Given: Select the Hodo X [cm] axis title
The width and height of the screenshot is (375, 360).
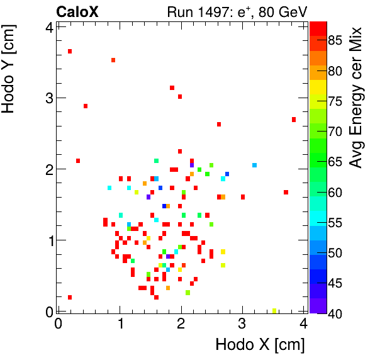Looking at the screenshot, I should pyautogui.click(x=260, y=345).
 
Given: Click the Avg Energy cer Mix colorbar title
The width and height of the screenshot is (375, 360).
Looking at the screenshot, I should pyautogui.click(x=357, y=98).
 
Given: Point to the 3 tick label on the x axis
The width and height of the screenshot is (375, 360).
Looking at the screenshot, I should pyautogui.click(x=243, y=324).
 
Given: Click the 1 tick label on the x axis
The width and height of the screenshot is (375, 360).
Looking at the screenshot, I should pyautogui.click(x=120, y=324).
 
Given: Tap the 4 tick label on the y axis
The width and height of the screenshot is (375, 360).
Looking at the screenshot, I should pyautogui.click(x=49, y=26).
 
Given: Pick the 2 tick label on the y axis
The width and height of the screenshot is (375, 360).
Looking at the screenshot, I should pyautogui.click(x=49, y=169).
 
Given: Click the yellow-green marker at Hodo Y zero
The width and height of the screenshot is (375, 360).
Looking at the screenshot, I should pyautogui.click(x=274, y=310).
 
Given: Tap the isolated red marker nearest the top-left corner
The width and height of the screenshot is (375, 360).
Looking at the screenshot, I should pyautogui.click(x=70, y=52).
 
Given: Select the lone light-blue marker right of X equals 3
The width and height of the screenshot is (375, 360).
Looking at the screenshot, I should pyautogui.click(x=254, y=166).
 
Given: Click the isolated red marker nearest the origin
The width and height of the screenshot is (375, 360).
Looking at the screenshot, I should pyautogui.click(x=70, y=298).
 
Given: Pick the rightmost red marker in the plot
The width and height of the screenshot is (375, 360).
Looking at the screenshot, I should pyautogui.click(x=293, y=120).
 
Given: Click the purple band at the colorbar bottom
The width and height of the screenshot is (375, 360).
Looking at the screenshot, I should pyautogui.click(x=318, y=306).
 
